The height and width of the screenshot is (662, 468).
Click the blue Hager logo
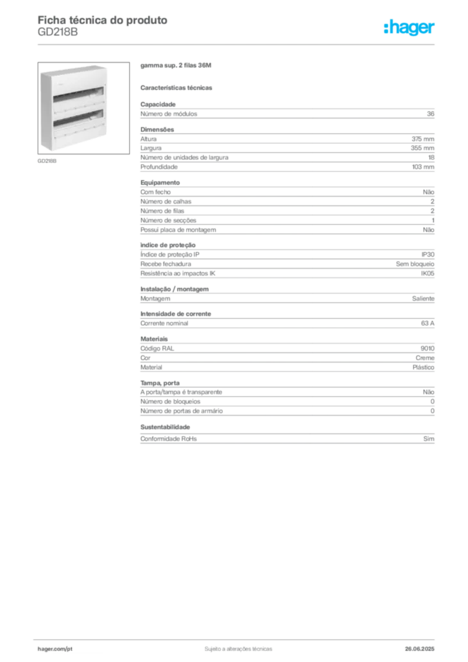[410, 28]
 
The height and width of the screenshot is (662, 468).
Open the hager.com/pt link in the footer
[54, 648]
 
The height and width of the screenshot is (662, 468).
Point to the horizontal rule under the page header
[237, 44]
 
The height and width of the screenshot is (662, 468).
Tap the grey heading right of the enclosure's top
[175, 66]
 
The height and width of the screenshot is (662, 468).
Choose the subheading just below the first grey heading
[178, 87]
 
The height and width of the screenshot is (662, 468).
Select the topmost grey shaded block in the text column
[287, 112]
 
